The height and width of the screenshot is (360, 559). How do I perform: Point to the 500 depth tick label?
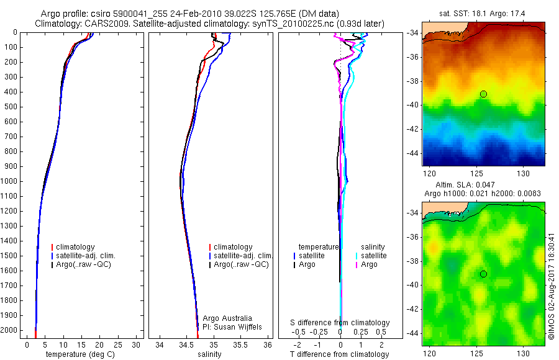point(12,107)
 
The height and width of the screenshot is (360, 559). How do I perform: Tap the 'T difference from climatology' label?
point(340,354)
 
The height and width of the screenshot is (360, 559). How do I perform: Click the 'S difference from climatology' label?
point(340,323)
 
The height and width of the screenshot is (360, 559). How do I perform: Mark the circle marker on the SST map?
point(483,94)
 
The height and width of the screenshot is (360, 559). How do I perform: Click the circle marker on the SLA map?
point(483,274)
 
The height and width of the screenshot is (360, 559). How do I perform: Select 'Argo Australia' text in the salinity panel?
point(228,318)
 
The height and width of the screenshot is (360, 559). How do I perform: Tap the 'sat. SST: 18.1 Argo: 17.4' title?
point(483,12)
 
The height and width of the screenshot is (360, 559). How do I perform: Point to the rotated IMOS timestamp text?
point(552,289)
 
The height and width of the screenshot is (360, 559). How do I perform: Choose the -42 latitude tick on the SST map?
point(414,128)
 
